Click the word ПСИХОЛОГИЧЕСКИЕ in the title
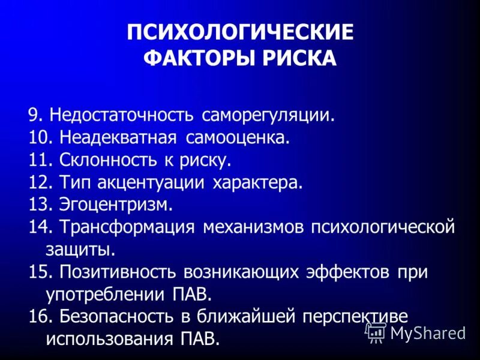[240, 32]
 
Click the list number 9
[35, 115]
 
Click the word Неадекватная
[118, 137]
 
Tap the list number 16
[39, 317]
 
